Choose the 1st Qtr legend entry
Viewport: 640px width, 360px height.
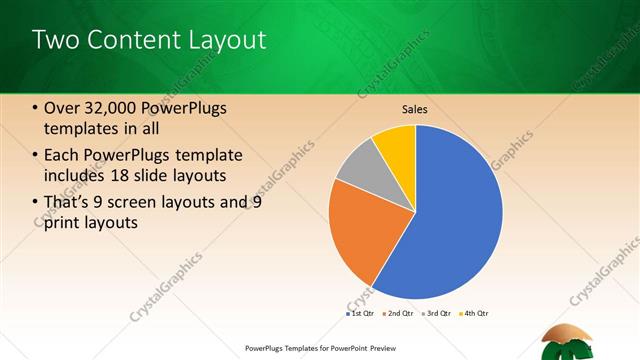point(360,314)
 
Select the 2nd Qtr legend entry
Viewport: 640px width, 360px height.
point(398,314)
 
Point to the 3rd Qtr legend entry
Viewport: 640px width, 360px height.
point(436,314)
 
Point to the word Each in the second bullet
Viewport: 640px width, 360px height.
point(63,155)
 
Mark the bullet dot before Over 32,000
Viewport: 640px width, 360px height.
point(35,108)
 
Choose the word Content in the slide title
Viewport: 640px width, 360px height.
point(133,40)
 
